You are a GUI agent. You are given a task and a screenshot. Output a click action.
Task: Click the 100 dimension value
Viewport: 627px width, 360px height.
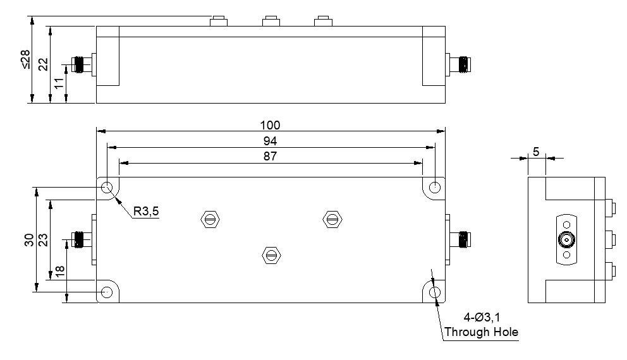tap(271, 125)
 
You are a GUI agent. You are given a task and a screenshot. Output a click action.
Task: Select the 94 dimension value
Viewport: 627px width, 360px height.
tap(271, 140)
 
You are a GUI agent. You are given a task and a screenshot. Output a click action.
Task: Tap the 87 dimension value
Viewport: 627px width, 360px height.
tap(271, 156)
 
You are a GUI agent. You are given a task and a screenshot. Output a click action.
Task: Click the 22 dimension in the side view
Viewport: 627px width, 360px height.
tap(43, 64)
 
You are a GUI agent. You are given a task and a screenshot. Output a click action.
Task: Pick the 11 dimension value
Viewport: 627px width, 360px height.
tap(59, 83)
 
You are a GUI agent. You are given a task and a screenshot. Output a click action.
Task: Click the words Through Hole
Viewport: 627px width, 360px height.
tap(481, 332)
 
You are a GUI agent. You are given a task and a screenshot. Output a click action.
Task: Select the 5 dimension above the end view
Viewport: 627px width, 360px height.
tap(536, 152)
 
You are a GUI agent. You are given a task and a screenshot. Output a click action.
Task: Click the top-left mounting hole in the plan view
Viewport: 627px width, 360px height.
tap(107, 188)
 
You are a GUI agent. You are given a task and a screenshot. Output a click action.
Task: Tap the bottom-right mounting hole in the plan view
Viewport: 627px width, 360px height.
tap(435, 292)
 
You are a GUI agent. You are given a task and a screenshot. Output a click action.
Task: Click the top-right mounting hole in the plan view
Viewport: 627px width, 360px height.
tap(435, 188)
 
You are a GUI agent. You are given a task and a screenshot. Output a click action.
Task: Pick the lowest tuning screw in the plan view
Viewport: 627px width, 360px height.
tap(271, 255)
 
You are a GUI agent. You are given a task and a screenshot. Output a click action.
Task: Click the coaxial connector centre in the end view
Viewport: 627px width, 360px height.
tap(566, 240)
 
